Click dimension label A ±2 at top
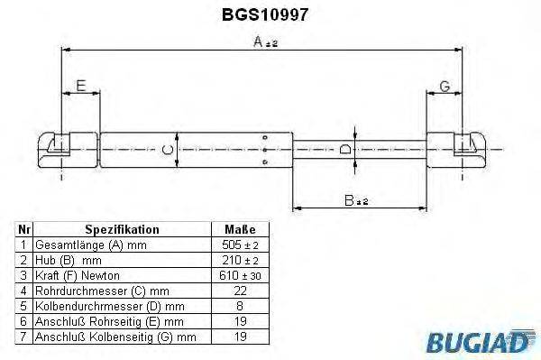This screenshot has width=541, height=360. (x=264, y=42)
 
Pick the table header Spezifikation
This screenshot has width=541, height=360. (x=121, y=230)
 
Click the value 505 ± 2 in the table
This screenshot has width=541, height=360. (x=240, y=245)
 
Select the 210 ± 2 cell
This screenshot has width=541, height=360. (x=240, y=259)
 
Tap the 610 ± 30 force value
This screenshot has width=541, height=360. (x=240, y=273)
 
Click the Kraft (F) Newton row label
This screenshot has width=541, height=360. (x=77, y=273)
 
